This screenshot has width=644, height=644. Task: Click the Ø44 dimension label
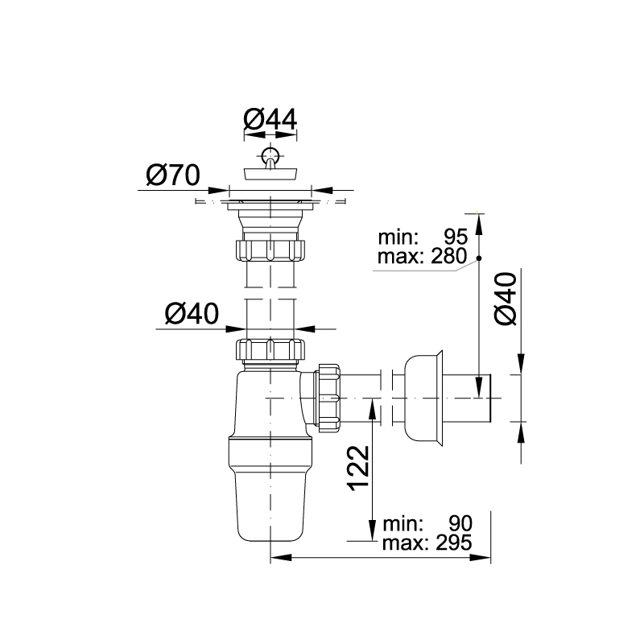pyautogui.click(x=270, y=119)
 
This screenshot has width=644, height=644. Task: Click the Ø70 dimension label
pyautogui.click(x=173, y=175)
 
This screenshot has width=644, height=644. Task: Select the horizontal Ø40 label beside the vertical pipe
pyautogui.click(x=192, y=313)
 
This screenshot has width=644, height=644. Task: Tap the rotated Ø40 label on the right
pyautogui.click(x=506, y=299)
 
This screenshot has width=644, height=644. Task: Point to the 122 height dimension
pyautogui.click(x=358, y=468)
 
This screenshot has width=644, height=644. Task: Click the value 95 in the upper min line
pyautogui.click(x=456, y=237)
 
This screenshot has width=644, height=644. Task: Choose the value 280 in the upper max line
pyautogui.click(x=449, y=256)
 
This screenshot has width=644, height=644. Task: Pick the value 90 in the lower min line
pyautogui.click(x=460, y=524)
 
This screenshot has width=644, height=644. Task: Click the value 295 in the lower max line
pyautogui.click(x=454, y=543)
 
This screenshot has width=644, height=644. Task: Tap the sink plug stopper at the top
pyautogui.click(x=270, y=173)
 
